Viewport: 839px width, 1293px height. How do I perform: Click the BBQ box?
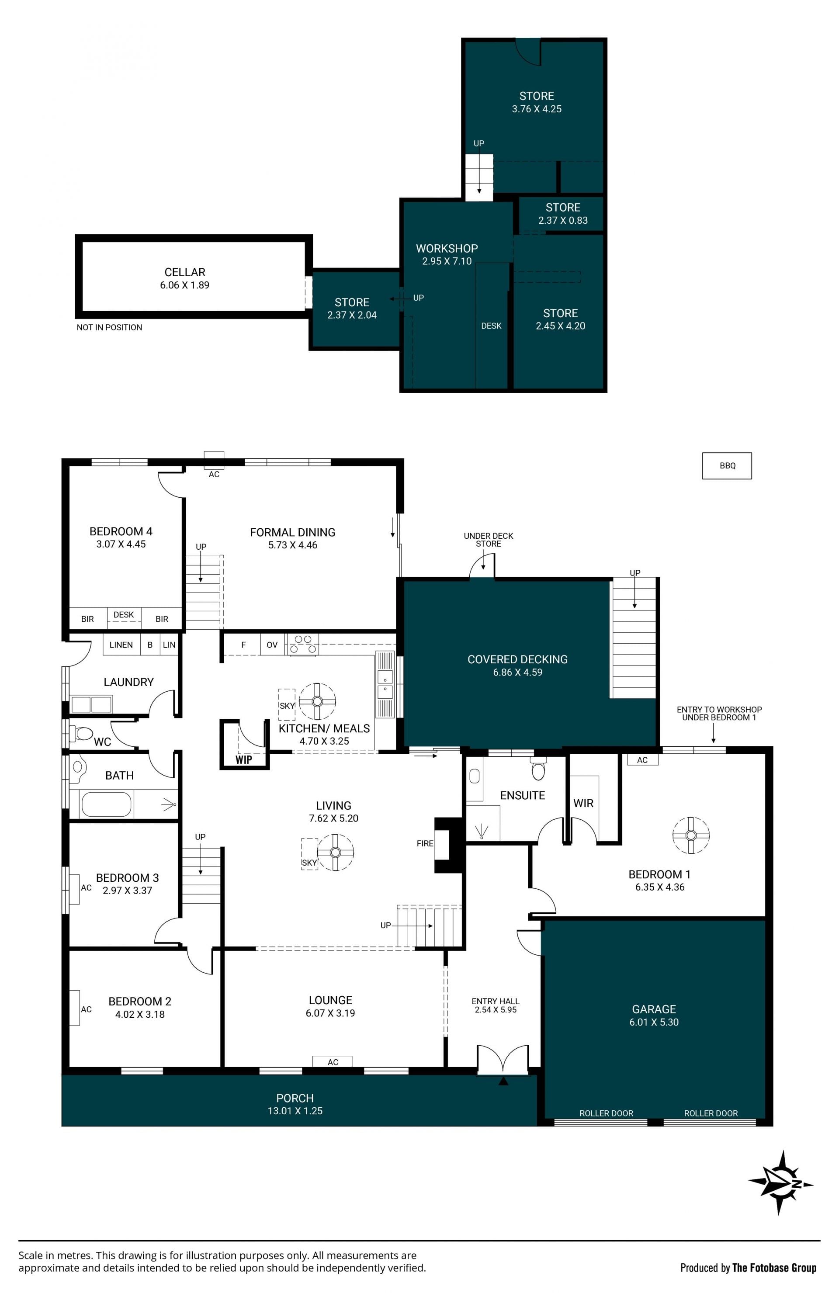pos(727,465)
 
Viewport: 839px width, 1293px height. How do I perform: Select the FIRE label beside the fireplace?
pos(425,844)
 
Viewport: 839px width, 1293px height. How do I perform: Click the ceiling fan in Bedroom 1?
pos(691,835)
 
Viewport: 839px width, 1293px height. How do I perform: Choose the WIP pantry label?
pos(243,759)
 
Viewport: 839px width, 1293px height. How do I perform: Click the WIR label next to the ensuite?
pos(583,803)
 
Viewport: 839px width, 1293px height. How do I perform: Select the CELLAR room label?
pos(185,272)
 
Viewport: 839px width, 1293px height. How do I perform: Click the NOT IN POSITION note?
pos(109,327)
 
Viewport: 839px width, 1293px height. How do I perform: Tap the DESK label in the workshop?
pos(491,326)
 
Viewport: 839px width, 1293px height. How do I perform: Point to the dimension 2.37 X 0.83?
pos(563,220)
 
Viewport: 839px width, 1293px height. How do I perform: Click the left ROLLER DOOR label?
pos(607,1113)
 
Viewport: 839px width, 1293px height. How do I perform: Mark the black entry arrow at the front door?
pos(503,1081)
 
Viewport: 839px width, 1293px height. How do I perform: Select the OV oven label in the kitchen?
pos(272,645)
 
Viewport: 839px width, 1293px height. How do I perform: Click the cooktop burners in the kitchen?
pos(303,645)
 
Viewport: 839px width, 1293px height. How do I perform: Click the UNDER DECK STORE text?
pos(488,540)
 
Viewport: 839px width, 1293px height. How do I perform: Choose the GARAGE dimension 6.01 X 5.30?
pos(654,1022)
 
